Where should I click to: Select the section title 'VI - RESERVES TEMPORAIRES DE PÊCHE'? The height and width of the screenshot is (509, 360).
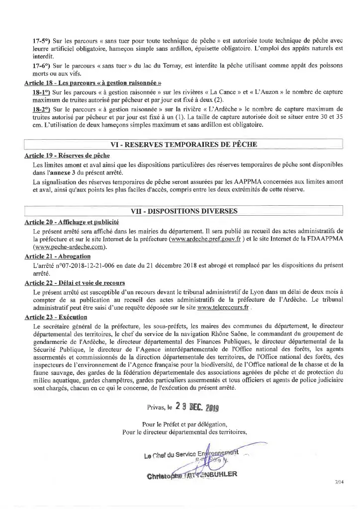[x=184, y=145]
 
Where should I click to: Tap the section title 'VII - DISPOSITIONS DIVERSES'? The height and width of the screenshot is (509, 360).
[x=183, y=211]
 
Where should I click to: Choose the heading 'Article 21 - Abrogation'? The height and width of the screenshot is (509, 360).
[x=57, y=256]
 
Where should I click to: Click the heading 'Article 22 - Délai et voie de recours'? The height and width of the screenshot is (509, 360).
[x=75, y=282]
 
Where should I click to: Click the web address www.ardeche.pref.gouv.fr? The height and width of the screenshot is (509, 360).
[x=205, y=239]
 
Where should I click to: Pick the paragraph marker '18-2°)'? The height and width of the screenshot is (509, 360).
[x=42, y=109]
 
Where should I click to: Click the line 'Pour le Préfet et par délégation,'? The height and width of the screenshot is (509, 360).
[x=184, y=424]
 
